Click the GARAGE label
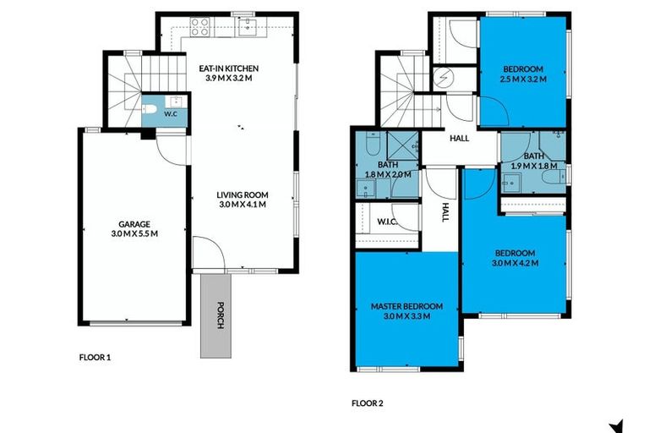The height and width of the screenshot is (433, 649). pos(134,224)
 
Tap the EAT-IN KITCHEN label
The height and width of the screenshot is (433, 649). pos(228,68)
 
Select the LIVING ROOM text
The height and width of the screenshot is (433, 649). pos(243,195)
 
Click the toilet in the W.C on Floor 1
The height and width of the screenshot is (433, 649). pos(150,110)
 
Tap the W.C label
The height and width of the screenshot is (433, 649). pos(170,112)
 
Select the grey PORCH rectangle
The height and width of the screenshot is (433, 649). pos(213,315)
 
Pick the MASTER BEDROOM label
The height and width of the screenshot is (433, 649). pos(401,307)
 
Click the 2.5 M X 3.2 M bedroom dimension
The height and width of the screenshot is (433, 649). pos(523,79)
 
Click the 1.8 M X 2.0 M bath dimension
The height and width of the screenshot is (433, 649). pos(387,174)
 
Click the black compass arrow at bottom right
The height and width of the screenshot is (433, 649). pos(617,425)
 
